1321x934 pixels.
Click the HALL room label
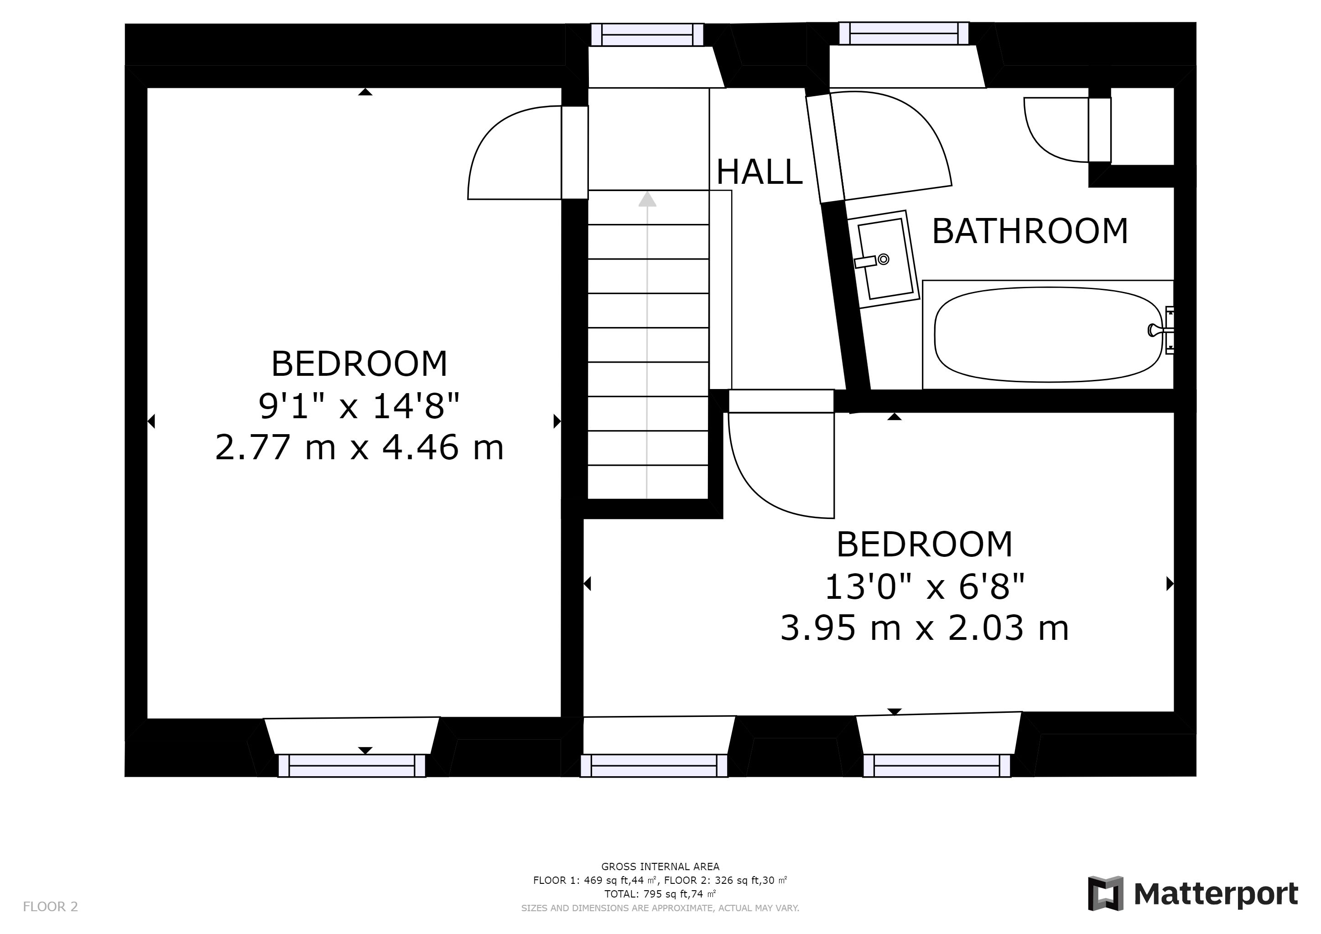coord(759,171)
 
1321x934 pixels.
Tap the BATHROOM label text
coord(1030,231)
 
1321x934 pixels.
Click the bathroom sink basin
coord(884,259)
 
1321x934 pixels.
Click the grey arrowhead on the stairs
coord(648,198)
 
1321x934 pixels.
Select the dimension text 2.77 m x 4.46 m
coord(359,447)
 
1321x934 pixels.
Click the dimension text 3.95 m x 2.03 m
coord(925,628)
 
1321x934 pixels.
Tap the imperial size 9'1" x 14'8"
coord(359,405)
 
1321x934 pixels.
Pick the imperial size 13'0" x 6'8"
coord(925,586)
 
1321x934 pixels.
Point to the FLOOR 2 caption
coord(50,907)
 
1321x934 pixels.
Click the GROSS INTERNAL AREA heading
coord(660,867)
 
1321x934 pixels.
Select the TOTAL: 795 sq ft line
coord(660,894)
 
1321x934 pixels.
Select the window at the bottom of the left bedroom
coord(352,766)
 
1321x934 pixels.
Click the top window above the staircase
coord(647,35)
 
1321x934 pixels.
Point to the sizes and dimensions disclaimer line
coord(660,908)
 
